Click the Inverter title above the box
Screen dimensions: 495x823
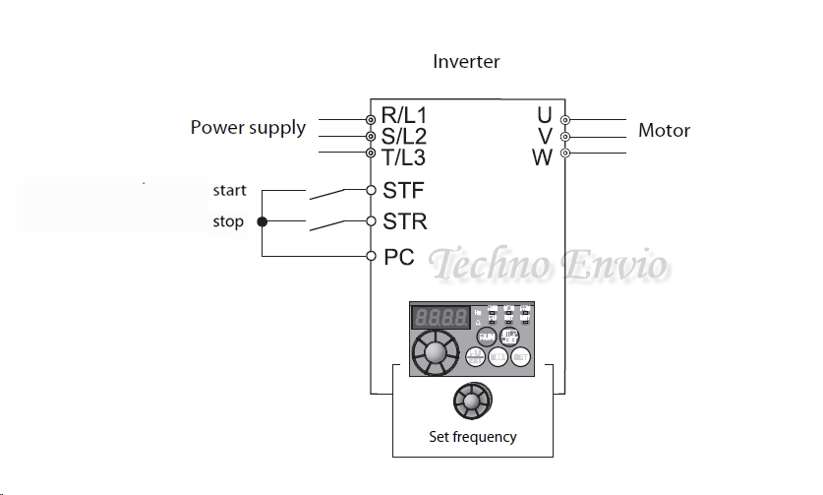[x=466, y=61]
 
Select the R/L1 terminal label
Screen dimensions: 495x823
[x=403, y=115]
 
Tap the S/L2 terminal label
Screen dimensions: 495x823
[x=404, y=136]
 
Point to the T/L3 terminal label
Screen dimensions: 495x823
[x=404, y=156]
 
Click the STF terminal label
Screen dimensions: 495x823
[x=403, y=190]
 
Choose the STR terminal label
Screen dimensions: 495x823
[x=404, y=222]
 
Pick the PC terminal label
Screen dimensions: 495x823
[x=398, y=257]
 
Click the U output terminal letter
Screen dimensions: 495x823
[x=544, y=116]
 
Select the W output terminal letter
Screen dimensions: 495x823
[x=542, y=156]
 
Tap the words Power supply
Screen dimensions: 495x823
[x=248, y=128]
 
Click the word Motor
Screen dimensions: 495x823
[x=664, y=130]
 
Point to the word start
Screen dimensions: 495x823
[x=229, y=190]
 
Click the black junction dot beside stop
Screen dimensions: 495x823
[x=262, y=222]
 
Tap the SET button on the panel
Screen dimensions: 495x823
[x=521, y=358]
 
